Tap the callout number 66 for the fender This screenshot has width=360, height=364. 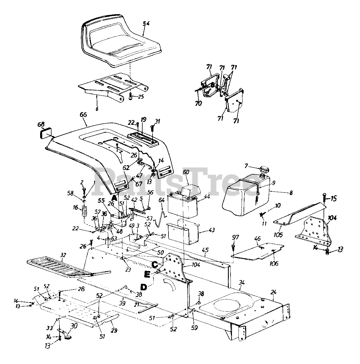pos(83,115)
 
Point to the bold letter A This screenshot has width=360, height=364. pos(114,197)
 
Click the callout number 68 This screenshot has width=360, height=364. pos(41,125)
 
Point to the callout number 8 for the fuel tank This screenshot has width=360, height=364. pos(291,193)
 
